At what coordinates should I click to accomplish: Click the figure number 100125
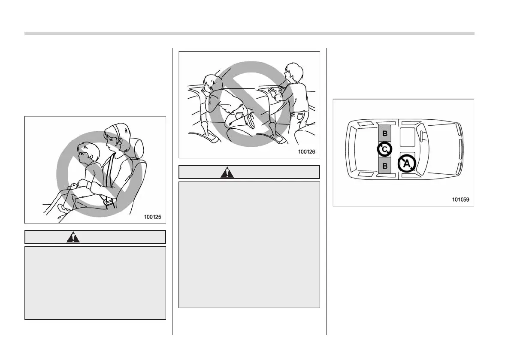152,217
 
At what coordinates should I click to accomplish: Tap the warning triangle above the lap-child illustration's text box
73,237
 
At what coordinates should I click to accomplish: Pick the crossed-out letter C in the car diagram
385,149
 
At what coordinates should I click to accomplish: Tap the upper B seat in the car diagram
385,133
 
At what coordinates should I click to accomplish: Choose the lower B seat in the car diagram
385,166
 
